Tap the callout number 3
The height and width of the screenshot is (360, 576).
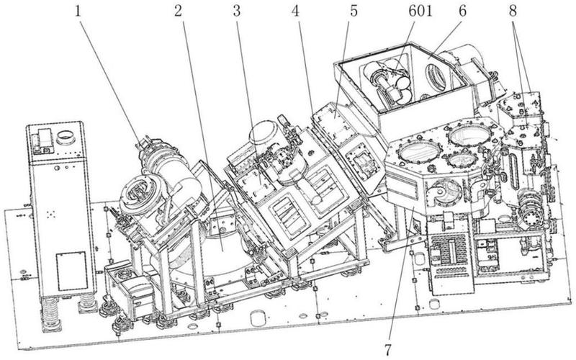point(235,11)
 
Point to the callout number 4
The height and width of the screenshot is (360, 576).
point(296,11)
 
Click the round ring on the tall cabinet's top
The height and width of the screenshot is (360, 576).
point(66,135)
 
